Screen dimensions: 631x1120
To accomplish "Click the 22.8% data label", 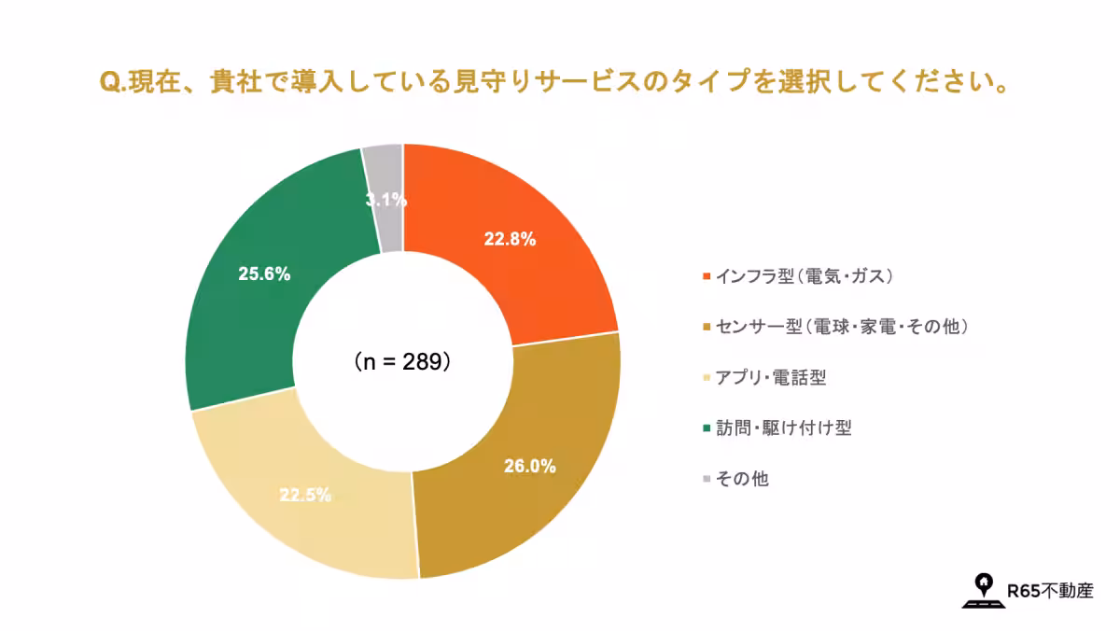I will (510, 239).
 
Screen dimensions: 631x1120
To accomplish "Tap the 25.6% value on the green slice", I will (264, 274).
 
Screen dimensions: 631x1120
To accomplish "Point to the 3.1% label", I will (385, 199).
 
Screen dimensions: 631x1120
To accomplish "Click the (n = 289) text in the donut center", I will (403, 361).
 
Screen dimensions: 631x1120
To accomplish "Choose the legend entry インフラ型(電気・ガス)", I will (805, 276).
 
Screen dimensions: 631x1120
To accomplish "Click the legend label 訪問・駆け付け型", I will (783, 428).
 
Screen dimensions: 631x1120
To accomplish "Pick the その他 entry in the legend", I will (742, 479).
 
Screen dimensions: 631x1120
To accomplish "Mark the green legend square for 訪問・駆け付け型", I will (705, 428).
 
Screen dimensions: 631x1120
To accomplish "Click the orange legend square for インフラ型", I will (705, 276).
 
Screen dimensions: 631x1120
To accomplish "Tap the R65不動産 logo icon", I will (982, 590).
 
